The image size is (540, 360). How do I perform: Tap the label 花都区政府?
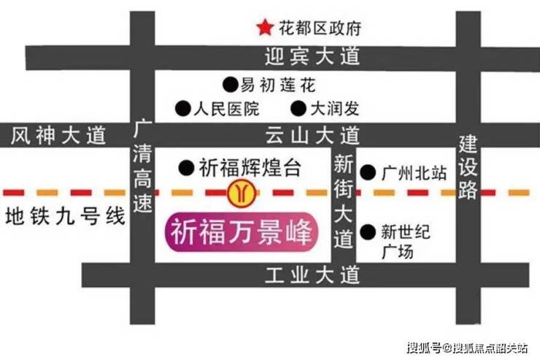[x=320, y=29]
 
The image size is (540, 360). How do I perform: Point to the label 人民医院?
[x=227, y=110]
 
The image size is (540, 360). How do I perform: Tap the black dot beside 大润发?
[x=298, y=109]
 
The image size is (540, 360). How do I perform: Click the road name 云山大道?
[x=313, y=135]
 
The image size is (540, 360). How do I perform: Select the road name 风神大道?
[x=59, y=135]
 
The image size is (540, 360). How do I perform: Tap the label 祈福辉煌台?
[x=250, y=167]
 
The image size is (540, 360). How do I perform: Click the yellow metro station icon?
[x=239, y=192]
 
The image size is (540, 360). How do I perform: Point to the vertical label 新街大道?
[x=342, y=200]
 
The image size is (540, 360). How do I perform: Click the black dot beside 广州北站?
[x=370, y=174]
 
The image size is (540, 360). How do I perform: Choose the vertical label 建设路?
[x=468, y=167]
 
